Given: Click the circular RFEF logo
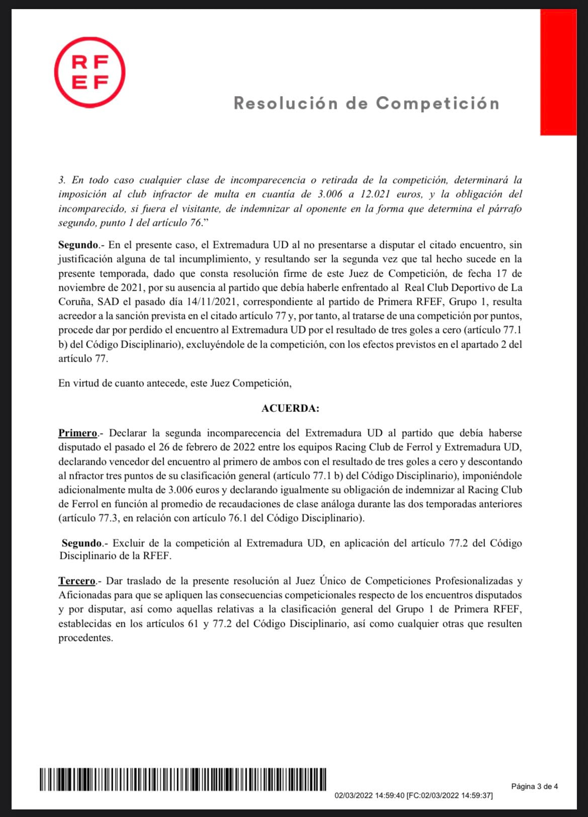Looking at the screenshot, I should (x=89, y=72).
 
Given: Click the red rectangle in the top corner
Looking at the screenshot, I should (x=558, y=72).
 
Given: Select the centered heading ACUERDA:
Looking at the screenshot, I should (x=290, y=408).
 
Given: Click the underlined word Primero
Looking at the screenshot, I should (x=77, y=433).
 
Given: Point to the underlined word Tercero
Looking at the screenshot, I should (x=76, y=581).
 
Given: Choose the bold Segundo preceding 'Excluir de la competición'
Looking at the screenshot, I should (x=81, y=543).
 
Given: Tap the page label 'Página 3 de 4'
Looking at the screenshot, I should (x=535, y=786).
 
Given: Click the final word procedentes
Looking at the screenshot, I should (x=86, y=638).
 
